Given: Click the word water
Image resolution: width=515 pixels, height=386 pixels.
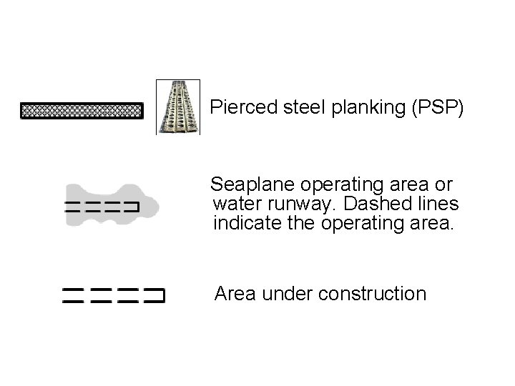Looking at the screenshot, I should tap(236, 204).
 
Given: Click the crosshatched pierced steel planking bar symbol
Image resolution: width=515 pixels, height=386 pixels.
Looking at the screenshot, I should tap(82, 112).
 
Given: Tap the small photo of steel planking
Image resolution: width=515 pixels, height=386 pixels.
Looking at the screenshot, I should tap(178, 107).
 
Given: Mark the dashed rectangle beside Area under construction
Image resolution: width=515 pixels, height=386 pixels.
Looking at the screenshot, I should tap(113, 296).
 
